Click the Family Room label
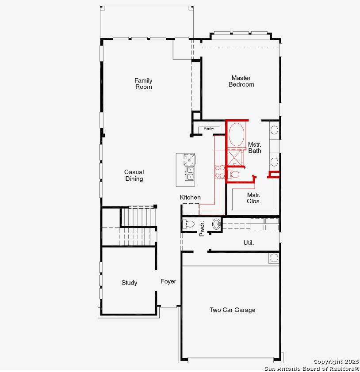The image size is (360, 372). (x=143, y=84)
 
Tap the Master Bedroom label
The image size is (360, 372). (x=241, y=81)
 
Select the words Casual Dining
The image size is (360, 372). (x=134, y=175)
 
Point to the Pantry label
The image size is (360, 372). (x=209, y=129)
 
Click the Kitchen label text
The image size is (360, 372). (x=190, y=197)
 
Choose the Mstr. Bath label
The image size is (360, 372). (x=254, y=148)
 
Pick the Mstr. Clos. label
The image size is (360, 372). (x=254, y=198)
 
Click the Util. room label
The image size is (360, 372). (x=249, y=243)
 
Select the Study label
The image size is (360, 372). (x=129, y=283)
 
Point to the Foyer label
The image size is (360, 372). (x=168, y=281)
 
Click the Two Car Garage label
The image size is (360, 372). (x=232, y=310)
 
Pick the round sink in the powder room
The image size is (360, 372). (x=216, y=224)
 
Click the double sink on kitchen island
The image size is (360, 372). (x=190, y=173)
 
